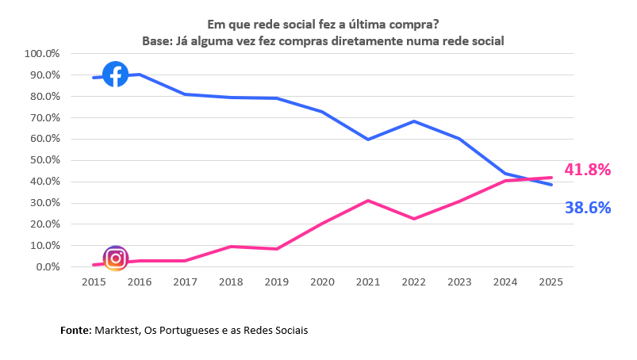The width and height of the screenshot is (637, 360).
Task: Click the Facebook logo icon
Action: [x=116, y=74]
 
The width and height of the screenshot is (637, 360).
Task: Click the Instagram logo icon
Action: [x=116, y=259]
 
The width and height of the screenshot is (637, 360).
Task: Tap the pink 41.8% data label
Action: [x=587, y=170]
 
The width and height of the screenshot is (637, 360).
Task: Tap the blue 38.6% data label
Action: [x=587, y=208]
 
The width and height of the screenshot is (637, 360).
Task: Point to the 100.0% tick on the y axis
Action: [x=43, y=54]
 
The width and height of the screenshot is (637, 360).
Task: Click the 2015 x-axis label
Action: [x=94, y=281]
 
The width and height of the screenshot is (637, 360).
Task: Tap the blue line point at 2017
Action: [x=185, y=94]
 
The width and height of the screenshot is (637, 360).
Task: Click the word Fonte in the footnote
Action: [x=76, y=330]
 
